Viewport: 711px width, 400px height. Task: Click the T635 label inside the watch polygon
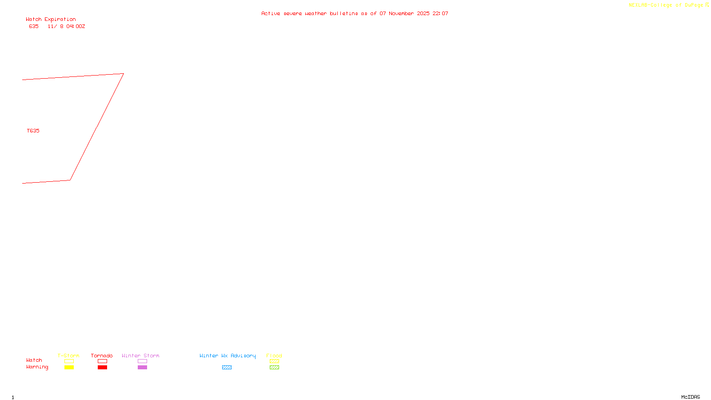point(33,131)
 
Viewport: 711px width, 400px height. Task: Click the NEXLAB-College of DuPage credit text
point(666,5)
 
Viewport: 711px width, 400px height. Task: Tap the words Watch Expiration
point(51,20)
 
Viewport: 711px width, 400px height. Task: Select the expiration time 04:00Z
point(76,27)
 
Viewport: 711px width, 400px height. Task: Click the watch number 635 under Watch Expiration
point(34,27)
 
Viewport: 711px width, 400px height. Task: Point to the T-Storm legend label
point(68,356)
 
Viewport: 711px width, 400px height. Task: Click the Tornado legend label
point(102,356)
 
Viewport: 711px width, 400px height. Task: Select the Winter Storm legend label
point(140,356)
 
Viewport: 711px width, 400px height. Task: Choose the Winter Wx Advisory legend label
point(228,356)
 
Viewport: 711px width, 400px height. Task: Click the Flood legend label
point(274,356)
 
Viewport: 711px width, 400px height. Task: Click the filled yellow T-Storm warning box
point(69,368)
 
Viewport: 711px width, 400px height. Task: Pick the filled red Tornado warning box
point(102,368)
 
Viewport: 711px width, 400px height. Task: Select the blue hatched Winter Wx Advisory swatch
point(227,368)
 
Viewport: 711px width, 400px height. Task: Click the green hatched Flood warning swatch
point(274,368)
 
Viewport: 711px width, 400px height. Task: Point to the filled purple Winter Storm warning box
point(142,368)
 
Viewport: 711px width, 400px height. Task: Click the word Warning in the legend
point(37,367)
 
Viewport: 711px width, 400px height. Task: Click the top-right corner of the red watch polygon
point(123,74)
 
